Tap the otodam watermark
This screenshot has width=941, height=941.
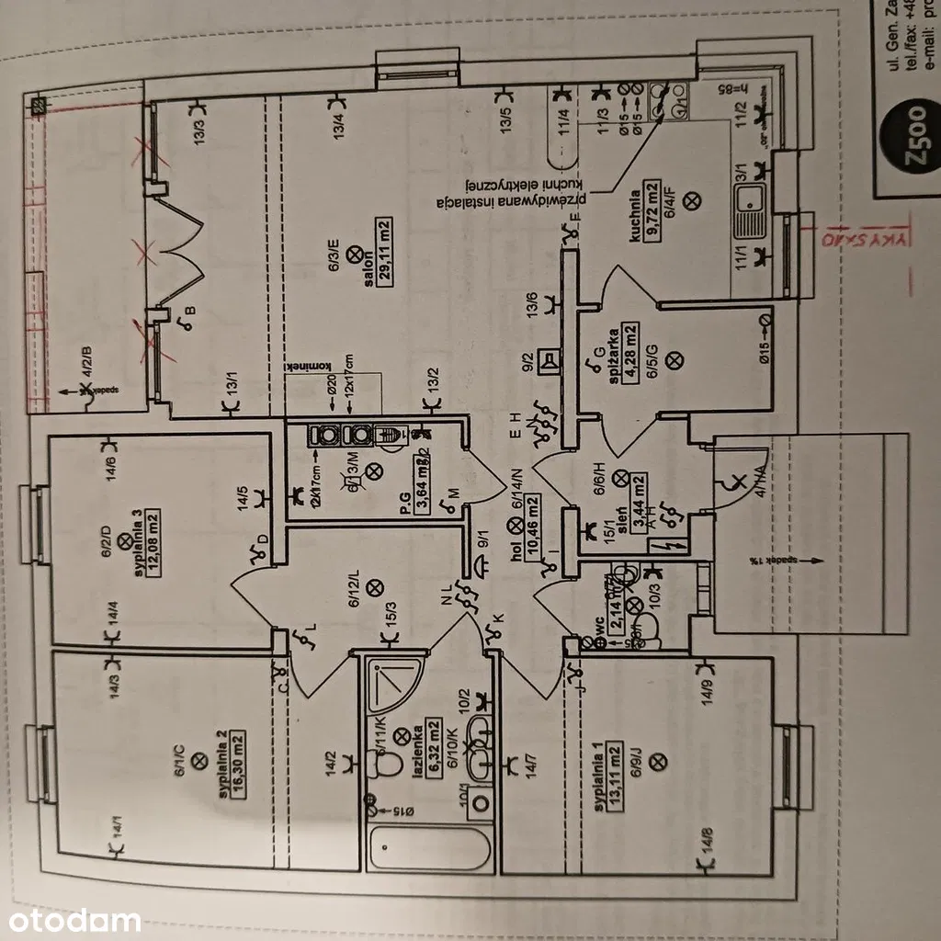pyautogui.click(x=71, y=920)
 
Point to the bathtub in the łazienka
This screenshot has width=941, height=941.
pyautogui.click(x=429, y=848)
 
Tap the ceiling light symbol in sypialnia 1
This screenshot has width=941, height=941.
pyautogui.click(x=655, y=761)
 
